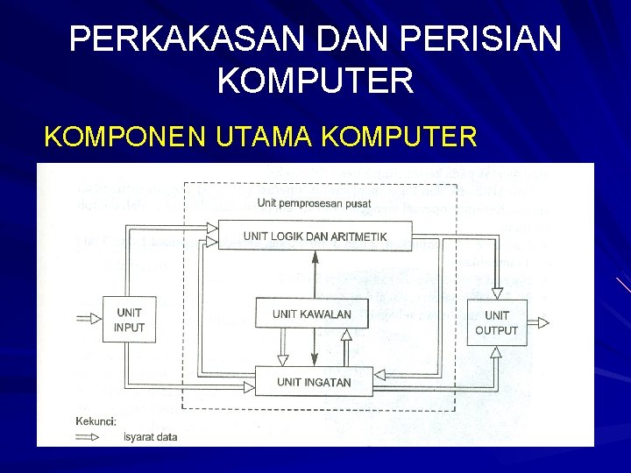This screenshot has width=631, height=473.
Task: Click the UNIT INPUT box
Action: click(129, 320)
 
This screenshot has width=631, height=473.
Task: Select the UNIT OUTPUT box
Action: click(496, 322)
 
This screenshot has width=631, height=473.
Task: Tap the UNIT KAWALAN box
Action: click(311, 314)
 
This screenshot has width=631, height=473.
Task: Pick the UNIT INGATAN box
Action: click(313, 382)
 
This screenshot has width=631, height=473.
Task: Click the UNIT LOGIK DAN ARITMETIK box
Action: click(315, 236)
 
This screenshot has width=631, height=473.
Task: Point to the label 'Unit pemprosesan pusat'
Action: click(314, 203)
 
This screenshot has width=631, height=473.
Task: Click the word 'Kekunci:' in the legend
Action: click(96, 421)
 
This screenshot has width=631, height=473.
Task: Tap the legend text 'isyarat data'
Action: click(150, 437)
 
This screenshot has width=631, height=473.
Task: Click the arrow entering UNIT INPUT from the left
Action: click(89, 319)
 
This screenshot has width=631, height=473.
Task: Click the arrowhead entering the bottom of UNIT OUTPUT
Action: click(497, 351)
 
